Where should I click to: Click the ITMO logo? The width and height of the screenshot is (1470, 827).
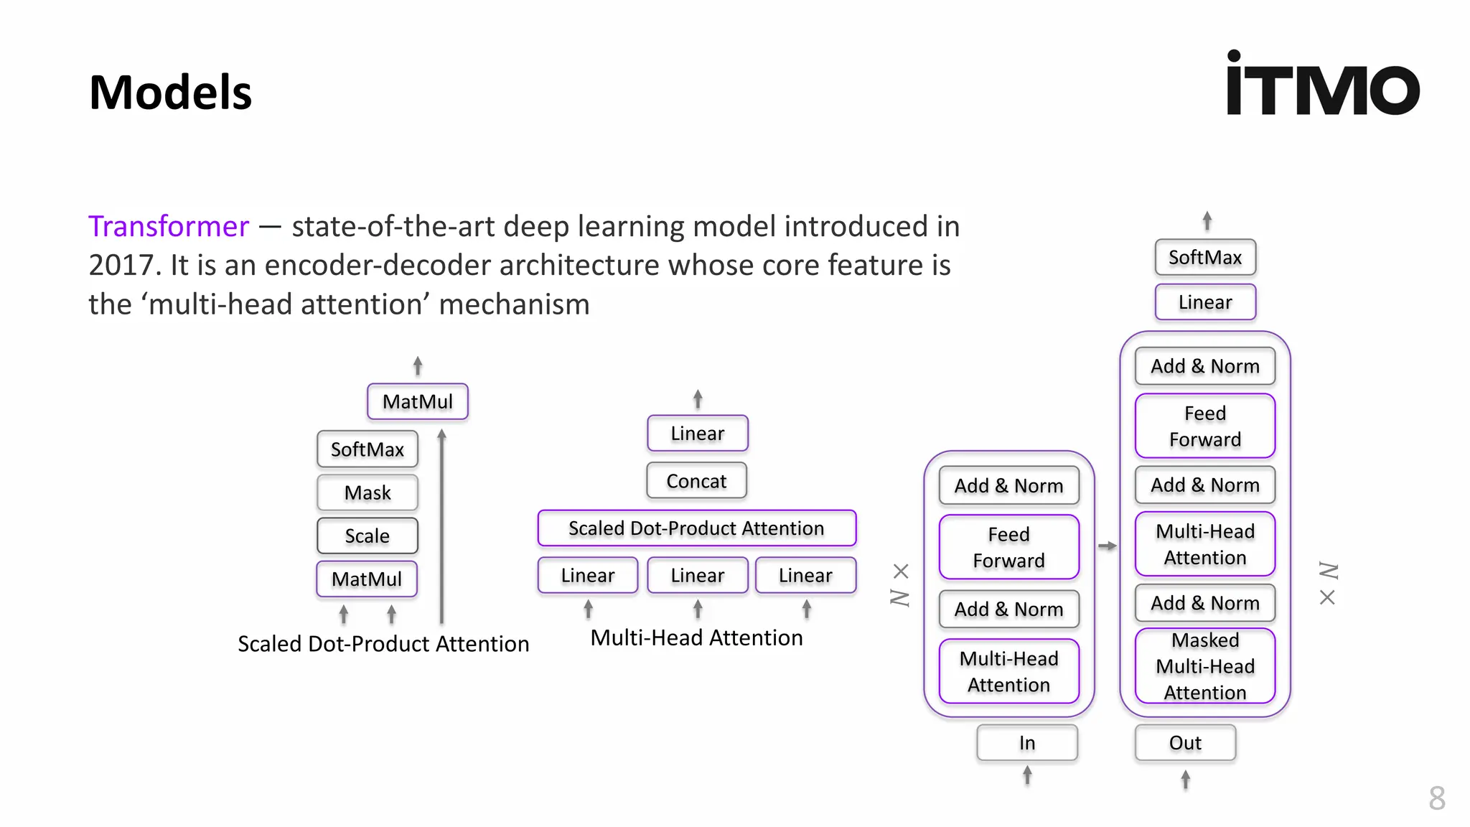(x=1322, y=84)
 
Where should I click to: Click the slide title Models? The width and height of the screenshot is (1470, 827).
(x=170, y=93)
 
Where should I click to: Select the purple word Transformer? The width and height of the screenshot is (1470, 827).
(x=169, y=226)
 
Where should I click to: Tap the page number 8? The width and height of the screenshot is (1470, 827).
(x=1436, y=798)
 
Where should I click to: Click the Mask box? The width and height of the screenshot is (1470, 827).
(x=367, y=492)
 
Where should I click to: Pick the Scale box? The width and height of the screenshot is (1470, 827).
(x=367, y=536)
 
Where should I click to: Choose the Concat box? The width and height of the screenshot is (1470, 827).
(x=696, y=481)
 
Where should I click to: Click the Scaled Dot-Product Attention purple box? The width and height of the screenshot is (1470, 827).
(x=696, y=528)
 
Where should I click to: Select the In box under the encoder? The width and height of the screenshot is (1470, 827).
(x=1027, y=742)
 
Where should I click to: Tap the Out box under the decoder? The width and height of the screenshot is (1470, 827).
(x=1185, y=742)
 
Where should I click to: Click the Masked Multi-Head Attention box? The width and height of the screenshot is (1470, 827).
(x=1205, y=666)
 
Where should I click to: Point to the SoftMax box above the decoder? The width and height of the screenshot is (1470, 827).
(x=1205, y=257)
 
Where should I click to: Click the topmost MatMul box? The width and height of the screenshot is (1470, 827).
(x=418, y=401)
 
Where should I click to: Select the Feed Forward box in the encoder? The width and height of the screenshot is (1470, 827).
(x=1008, y=547)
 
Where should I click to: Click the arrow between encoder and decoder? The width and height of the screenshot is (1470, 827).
(x=1108, y=546)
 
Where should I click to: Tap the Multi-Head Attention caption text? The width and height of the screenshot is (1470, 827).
(x=696, y=637)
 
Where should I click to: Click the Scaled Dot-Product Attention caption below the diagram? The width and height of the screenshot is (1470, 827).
(x=383, y=643)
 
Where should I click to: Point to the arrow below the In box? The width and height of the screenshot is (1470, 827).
(x=1027, y=775)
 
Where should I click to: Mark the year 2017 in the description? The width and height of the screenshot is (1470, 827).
(x=120, y=266)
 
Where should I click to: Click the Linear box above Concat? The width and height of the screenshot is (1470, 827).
(x=698, y=434)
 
